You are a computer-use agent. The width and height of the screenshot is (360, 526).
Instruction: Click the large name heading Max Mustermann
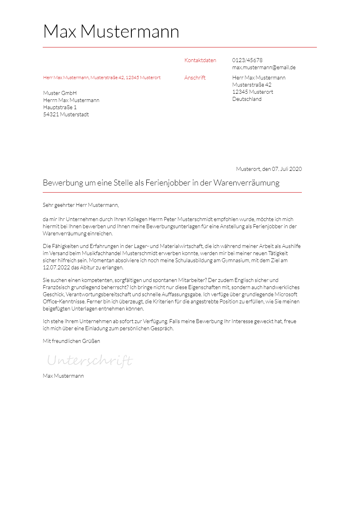(x=111, y=32)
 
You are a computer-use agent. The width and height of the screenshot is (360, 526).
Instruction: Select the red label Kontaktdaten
(x=200, y=61)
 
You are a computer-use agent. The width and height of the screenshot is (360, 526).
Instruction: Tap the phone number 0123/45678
(x=247, y=61)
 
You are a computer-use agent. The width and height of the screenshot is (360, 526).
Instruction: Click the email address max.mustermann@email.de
(x=264, y=68)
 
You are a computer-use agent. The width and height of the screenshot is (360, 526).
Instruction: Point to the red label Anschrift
(x=195, y=78)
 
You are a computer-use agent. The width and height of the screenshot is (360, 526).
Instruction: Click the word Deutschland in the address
(x=247, y=99)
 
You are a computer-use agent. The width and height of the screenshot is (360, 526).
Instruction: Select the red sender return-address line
(x=102, y=78)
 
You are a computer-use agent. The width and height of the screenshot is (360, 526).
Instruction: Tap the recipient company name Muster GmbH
(x=60, y=93)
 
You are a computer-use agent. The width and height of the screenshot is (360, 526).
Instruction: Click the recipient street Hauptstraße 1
(x=60, y=108)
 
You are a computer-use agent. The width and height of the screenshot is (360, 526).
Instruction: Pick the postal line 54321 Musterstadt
(x=66, y=115)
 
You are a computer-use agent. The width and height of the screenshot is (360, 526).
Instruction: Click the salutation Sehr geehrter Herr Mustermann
(x=81, y=205)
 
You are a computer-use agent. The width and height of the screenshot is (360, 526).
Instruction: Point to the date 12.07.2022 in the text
(x=56, y=268)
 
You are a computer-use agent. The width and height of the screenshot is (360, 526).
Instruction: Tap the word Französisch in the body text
(x=56, y=288)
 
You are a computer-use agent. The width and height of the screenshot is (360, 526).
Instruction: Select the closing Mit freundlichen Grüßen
(x=71, y=341)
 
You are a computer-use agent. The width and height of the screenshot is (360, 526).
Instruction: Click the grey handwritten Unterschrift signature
(x=90, y=361)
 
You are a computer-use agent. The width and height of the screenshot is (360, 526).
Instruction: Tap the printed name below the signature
(x=63, y=376)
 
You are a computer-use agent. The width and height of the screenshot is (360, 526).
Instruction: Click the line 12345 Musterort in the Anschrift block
(x=252, y=92)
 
